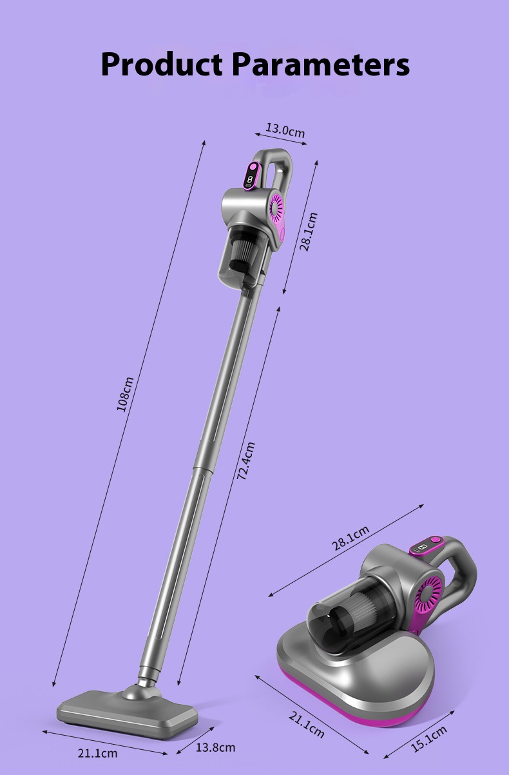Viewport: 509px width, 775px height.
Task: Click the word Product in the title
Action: point(162,64)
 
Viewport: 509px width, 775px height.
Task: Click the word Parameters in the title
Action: point(321,64)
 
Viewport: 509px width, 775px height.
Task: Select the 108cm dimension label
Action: point(125,394)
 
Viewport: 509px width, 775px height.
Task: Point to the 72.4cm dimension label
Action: point(246,461)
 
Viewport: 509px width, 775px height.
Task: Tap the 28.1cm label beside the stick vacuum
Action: point(308,232)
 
